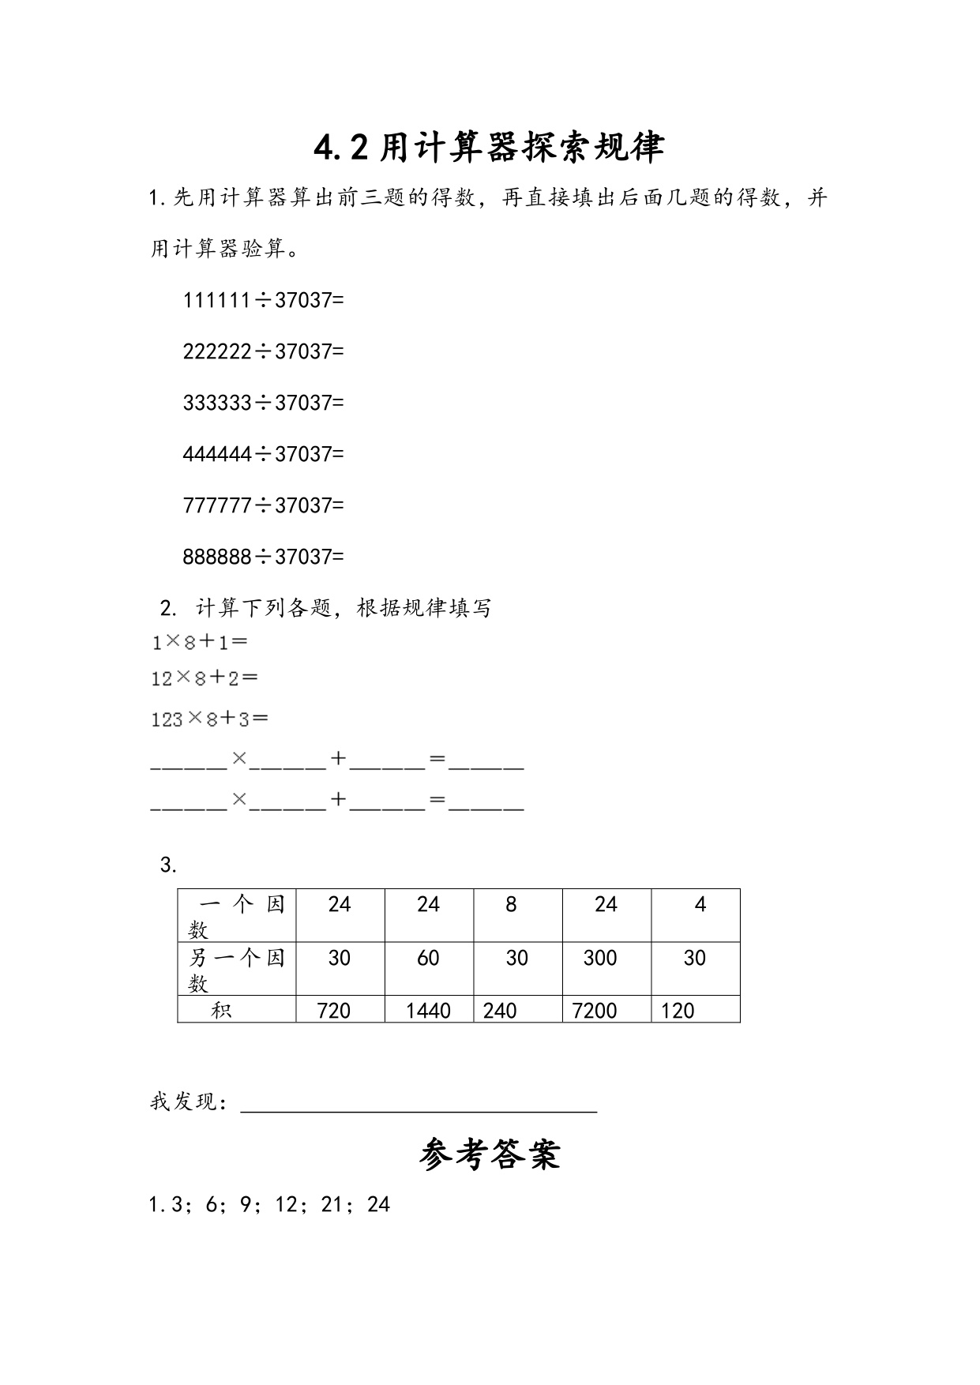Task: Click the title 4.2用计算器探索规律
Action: click(489, 148)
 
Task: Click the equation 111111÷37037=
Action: click(263, 300)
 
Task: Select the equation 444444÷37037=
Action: click(263, 454)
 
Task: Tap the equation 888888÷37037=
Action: click(263, 557)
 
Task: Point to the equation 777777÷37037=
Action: click(263, 505)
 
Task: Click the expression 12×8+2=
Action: click(205, 677)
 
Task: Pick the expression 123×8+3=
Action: click(209, 719)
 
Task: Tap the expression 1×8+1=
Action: click(199, 642)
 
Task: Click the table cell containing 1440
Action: click(428, 1010)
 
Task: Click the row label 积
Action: click(221, 1010)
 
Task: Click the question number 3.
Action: click(167, 865)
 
